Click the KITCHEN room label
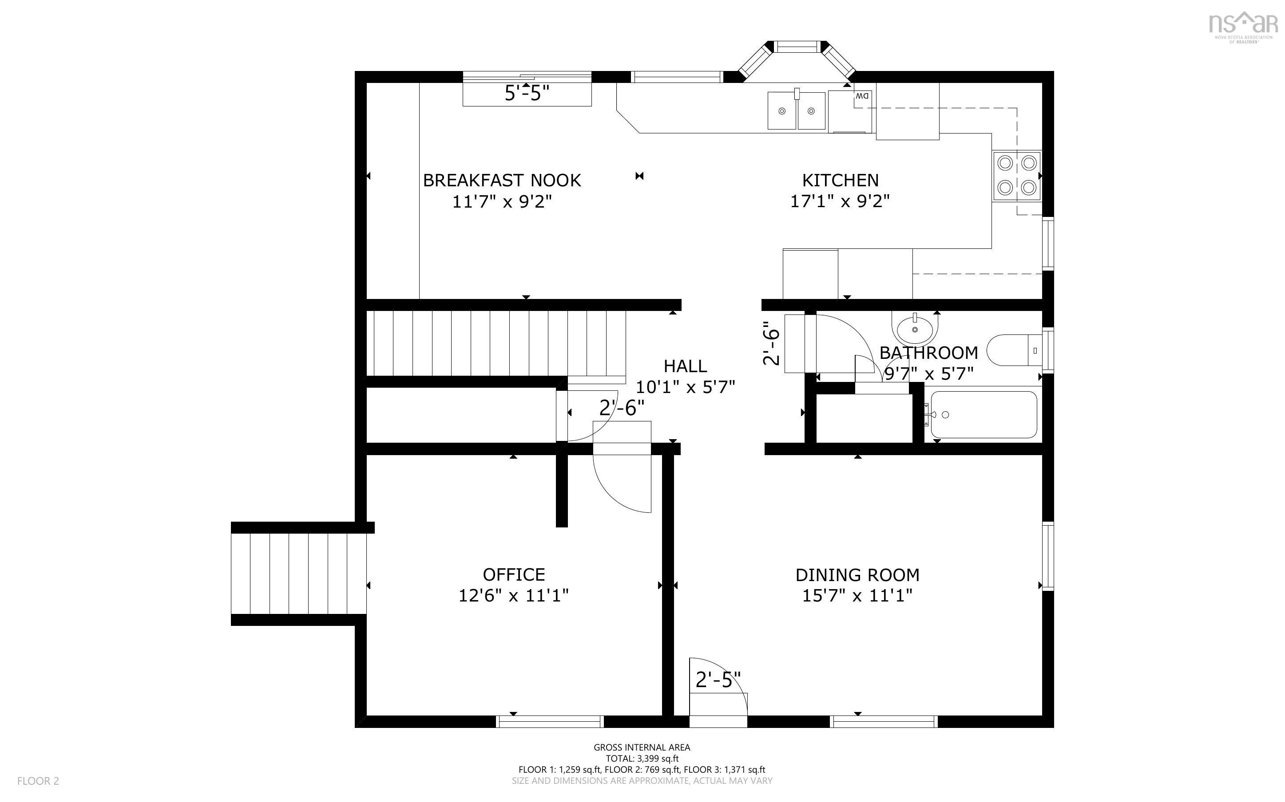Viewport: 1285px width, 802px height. click(x=840, y=181)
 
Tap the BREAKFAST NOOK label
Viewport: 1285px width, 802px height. click(x=502, y=181)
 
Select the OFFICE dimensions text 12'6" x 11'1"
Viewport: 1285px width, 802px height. click(x=513, y=596)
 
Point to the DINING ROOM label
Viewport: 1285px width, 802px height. click(x=857, y=575)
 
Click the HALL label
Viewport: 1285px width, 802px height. click(x=685, y=366)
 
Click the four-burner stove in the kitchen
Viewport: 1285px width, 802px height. click(x=1016, y=175)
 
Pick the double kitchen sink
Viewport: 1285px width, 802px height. click(x=796, y=110)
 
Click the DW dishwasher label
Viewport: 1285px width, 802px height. click(x=862, y=96)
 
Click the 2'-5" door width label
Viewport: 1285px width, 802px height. click(x=718, y=680)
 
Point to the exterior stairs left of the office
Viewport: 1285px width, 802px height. click(x=299, y=574)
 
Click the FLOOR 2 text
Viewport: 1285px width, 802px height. click(x=38, y=781)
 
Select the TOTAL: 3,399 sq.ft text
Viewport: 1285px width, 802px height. click(x=642, y=759)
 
